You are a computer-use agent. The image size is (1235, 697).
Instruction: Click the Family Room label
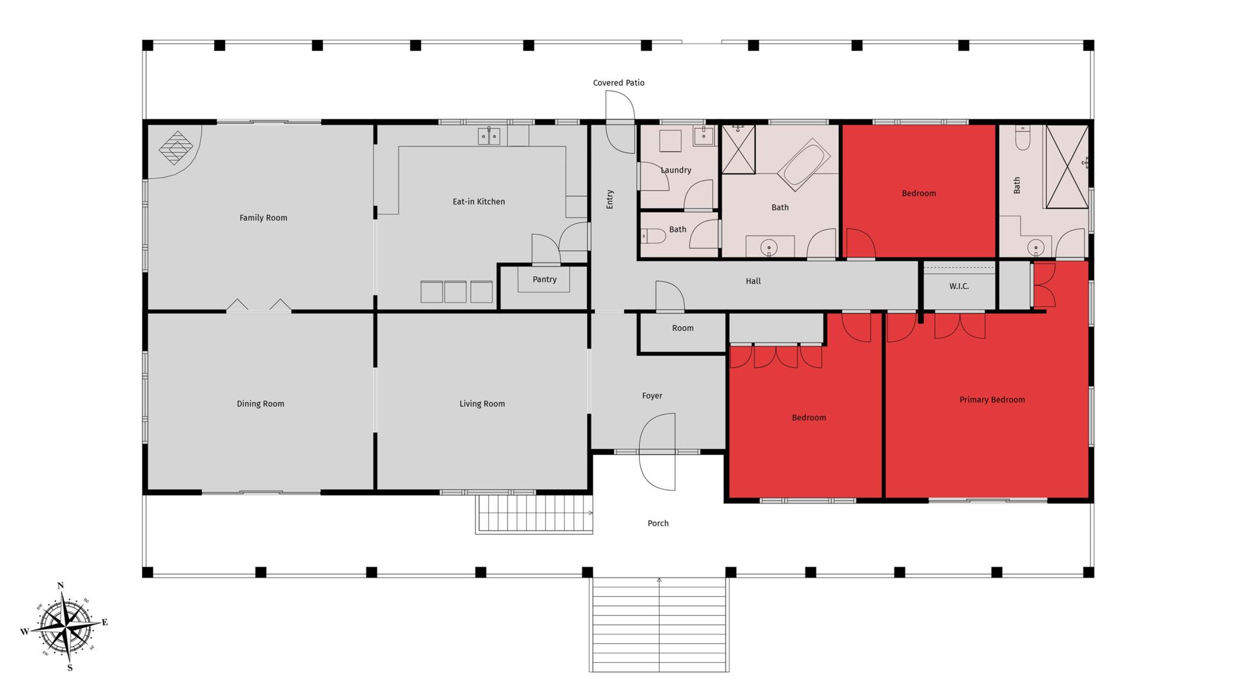(263, 218)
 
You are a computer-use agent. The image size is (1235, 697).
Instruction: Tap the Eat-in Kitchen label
(479, 202)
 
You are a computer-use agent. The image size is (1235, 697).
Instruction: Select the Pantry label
(544, 279)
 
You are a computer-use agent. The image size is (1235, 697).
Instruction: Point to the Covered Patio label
(618, 83)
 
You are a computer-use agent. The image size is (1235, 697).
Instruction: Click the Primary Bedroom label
(992, 400)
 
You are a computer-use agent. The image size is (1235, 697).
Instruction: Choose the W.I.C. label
(959, 287)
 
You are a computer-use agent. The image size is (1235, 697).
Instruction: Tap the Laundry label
(676, 170)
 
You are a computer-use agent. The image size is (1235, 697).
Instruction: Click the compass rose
(66, 627)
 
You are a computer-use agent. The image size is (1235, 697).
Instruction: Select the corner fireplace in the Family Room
(175, 148)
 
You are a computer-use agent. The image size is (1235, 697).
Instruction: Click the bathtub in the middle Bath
(804, 166)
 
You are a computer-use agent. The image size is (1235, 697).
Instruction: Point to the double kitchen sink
(488, 136)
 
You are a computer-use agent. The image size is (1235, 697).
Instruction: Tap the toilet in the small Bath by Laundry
(653, 236)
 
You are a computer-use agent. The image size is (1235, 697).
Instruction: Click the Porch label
(658, 523)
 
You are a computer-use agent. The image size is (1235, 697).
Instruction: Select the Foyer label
(652, 396)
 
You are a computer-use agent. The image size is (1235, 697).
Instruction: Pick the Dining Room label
(261, 404)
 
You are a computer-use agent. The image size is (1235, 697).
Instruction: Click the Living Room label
(482, 404)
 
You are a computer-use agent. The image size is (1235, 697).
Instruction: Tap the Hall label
(753, 281)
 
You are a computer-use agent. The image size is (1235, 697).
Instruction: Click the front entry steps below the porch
(659, 625)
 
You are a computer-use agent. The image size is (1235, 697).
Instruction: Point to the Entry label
(609, 199)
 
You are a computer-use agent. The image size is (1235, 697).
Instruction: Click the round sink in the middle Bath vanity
(769, 247)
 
